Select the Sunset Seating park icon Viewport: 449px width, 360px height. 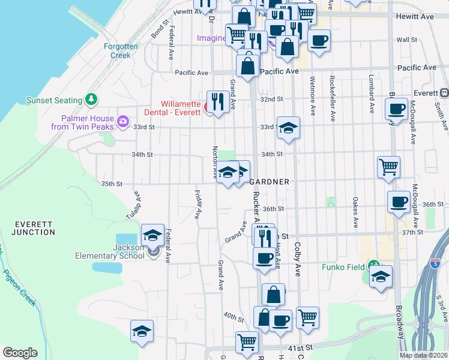point(91,98)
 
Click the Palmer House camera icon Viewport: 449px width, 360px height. point(124,121)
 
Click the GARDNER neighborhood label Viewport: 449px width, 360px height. point(270,182)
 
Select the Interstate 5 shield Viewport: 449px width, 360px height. point(436,263)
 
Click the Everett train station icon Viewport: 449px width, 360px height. point(445,92)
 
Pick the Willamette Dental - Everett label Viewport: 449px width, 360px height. point(174,107)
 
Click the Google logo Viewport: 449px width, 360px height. point(20,353)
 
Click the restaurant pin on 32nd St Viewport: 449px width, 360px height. point(217,101)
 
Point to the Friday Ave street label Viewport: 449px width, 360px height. point(197,204)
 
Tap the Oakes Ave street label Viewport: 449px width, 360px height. point(355,212)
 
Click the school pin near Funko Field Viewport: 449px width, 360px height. point(381,277)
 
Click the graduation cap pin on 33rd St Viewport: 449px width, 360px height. point(288,128)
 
